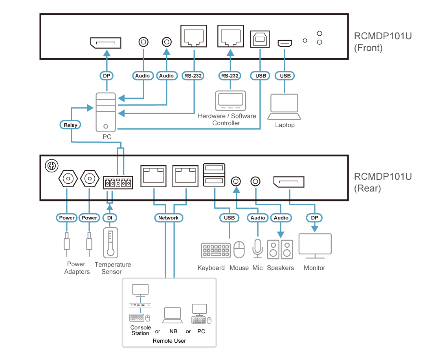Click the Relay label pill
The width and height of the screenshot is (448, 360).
[71, 125]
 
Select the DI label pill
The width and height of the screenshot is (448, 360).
[110, 217]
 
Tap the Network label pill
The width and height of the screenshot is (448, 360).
[169, 217]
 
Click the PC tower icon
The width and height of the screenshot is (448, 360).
[106, 112]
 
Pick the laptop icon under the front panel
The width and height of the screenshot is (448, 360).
[284, 107]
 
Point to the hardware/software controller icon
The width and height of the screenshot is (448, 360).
[231, 101]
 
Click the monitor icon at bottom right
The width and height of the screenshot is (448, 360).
[315, 246]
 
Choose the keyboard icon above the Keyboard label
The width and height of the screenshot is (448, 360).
[216, 250]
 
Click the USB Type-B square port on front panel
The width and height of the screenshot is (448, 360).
[260, 39]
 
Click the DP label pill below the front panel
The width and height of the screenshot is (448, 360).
[105, 75]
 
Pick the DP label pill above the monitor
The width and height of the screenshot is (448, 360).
[314, 217]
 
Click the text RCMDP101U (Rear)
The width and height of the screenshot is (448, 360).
[382, 182]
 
